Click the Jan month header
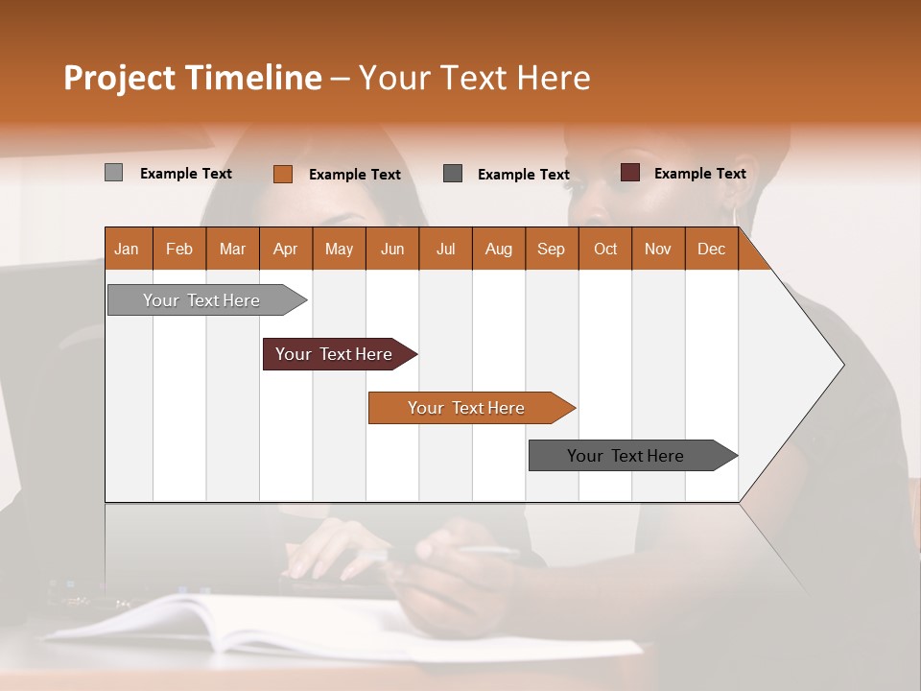tap(127, 249)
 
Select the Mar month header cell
tap(232, 249)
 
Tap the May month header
tap(339, 249)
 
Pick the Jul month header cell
tap(445, 249)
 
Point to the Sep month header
tap(551, 249)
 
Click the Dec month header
tap(711, 249)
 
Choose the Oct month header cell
tap(605, 249)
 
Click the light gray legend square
tap(113, 173)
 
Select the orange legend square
tap(282, 174)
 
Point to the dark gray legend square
tap(453, 173)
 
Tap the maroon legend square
tap(629, 173)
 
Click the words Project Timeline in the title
tap(193, 78)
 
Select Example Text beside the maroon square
tap(699, 174)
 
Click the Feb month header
tap(179, 249)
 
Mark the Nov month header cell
tap(658, 249)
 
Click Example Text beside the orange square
tap(354, 175)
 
